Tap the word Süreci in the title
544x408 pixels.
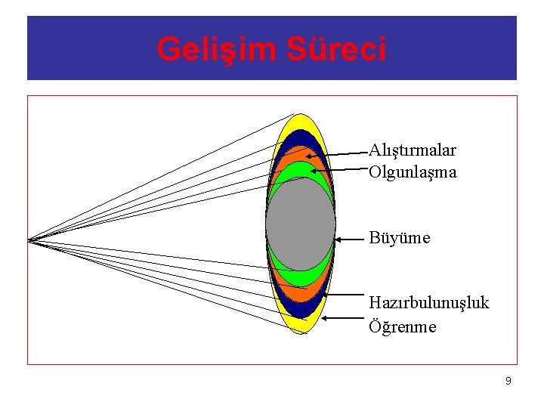pyautogui.click(x=336, y=49)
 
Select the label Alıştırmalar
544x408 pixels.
pyautogui.click(x=412, y=150)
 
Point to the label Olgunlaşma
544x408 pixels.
pyautogui.click(x=413, y=172)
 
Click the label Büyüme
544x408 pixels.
pyautogui.click(x=399, y=238)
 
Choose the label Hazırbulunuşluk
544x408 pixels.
pyautogui.click(x=428, y=303)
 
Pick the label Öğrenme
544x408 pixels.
pyautogui.click(x=402, y=327)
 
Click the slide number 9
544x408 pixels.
pyautogui.click(x=508, y=381)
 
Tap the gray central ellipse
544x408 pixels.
pyautogui.click(x=301, y=223)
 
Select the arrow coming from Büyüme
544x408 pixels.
pyautogui.click(x=351, y=239)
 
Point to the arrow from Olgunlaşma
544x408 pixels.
pyautogui.click(x=348, y=170)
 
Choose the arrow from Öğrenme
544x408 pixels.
pyautogui.click(x=344, y=318)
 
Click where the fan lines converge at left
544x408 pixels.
pyautogui.click(x=29, y=240)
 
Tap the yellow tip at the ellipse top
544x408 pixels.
pyautogui.click(x=301, y=122)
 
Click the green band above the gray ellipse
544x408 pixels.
pyautogui.click(x=301, y=169)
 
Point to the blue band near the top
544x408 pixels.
pyautogui.click(x=301, y=138)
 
